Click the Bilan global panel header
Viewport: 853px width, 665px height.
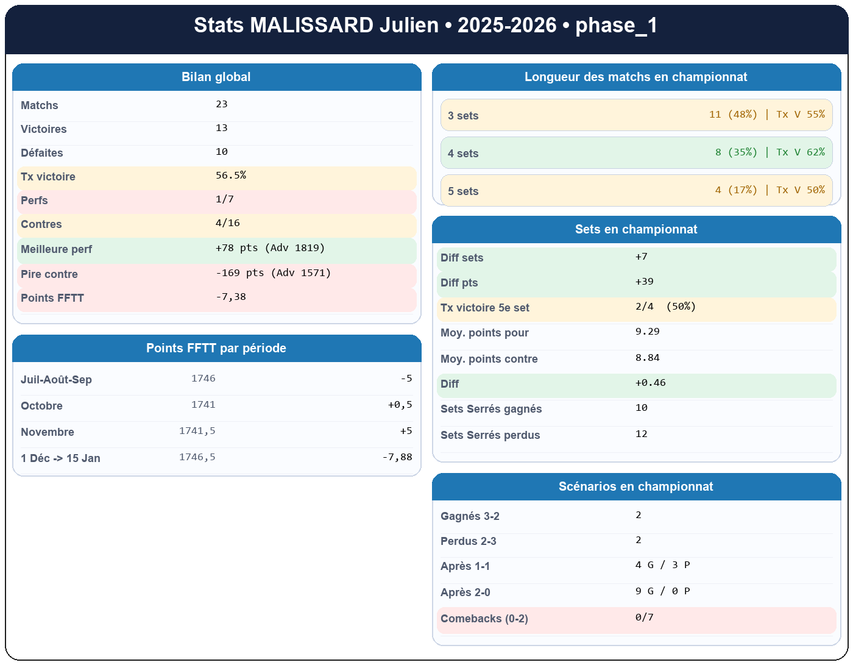tap(216, 77)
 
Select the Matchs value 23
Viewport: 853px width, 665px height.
tap(222, 104)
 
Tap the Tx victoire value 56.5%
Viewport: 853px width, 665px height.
tap(231, 176)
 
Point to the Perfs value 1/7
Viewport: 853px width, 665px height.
tap(225, 199)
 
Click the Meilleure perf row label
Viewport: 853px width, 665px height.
tap(56, 249)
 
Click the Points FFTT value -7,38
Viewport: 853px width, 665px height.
tap(231, 297)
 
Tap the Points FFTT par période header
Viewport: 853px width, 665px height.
tap(216, 348)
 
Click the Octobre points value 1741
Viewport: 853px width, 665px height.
tap(203, 405)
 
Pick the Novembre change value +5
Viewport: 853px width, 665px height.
tap(406, 431)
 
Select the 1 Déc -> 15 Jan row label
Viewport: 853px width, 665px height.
tap(60, 458)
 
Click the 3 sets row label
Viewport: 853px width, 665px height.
tap(463, 116)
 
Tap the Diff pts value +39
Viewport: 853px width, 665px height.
tap(644, 282)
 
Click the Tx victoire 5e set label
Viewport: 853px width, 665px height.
tap(485, 308)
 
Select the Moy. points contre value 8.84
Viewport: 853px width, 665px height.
tap(647, 358)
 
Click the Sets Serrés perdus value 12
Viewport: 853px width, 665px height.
tap(641, 434)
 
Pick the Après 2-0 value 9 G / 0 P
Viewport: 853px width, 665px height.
tap(662, 591)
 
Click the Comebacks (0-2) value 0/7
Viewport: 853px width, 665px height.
tap(644, 617)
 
